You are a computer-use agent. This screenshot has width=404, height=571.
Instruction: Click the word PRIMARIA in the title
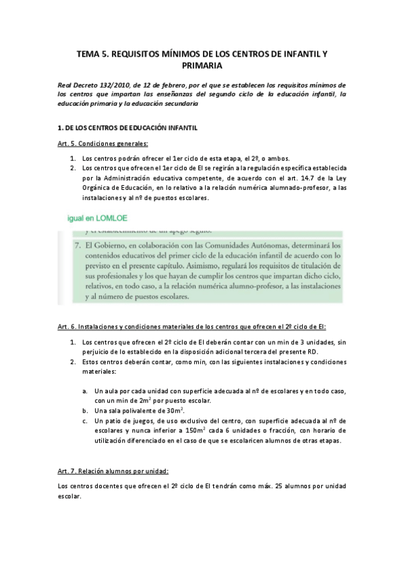[202, 66]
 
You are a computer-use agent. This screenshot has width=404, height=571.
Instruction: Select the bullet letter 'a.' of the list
[85, 391]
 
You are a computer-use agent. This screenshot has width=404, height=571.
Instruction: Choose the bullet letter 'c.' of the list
[85, 421]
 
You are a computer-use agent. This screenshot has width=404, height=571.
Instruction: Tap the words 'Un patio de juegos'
[123, 421]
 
